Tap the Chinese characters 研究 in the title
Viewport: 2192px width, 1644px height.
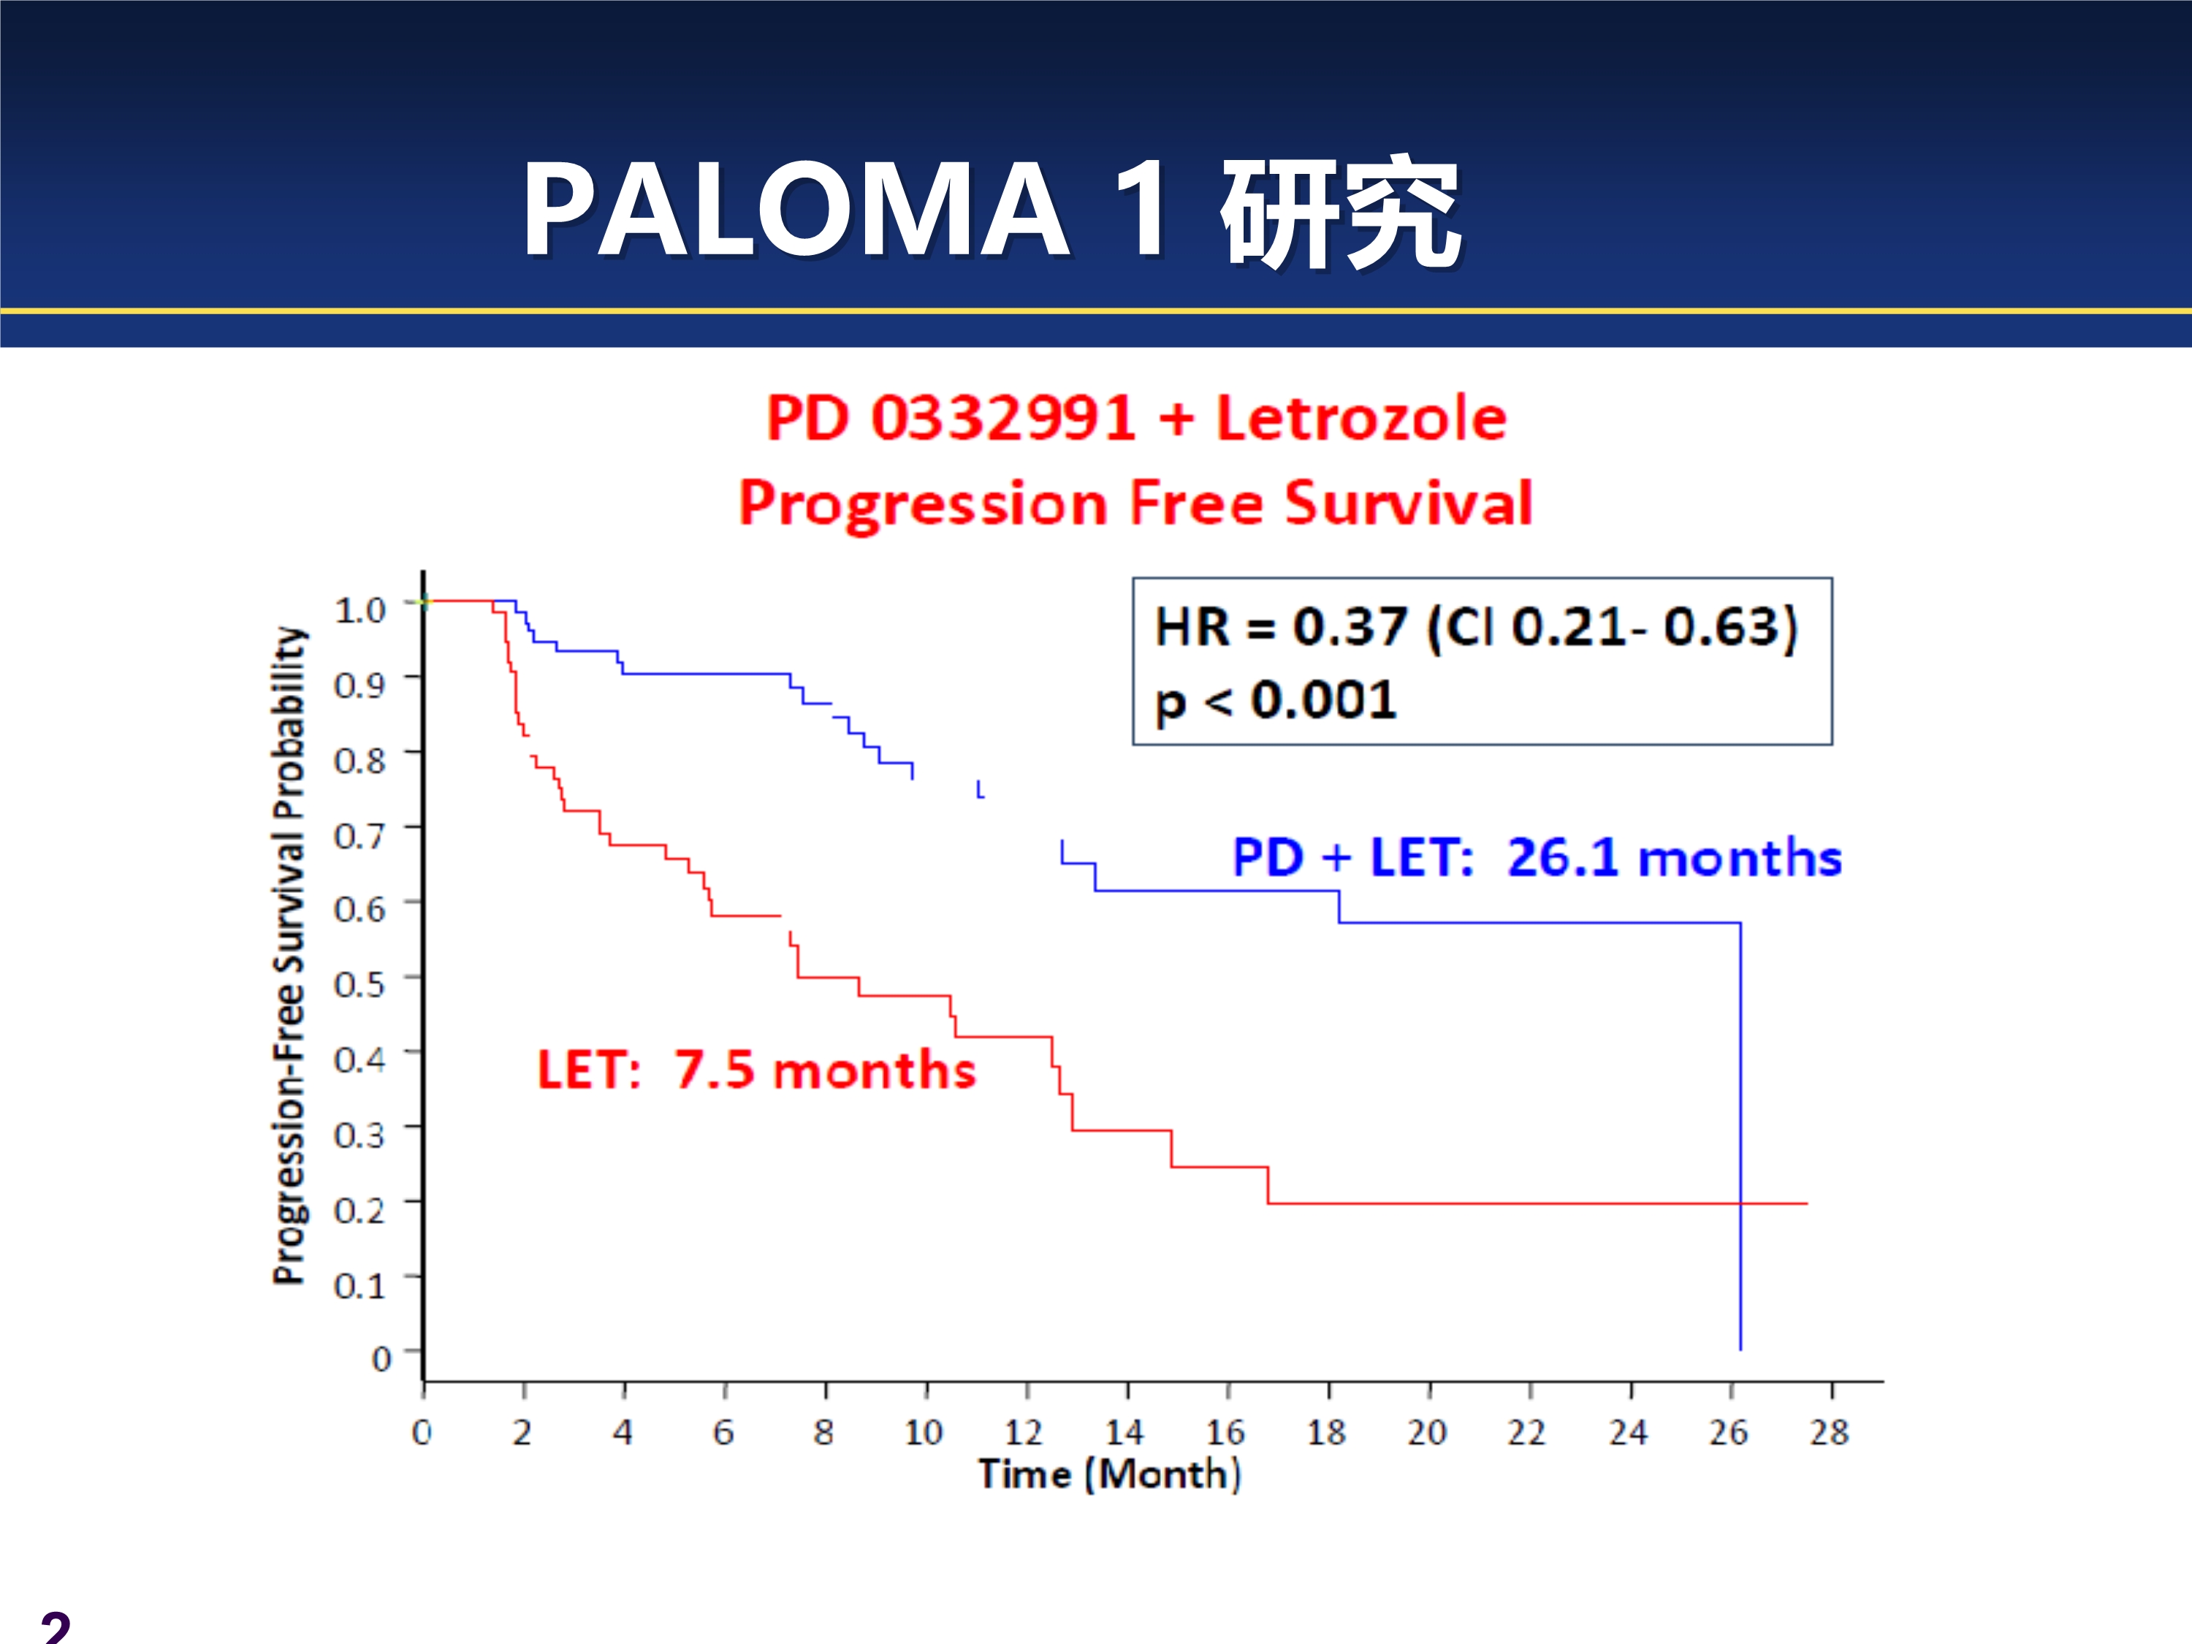coord(1340,212)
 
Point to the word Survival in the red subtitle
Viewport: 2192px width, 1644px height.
coord(1408,503)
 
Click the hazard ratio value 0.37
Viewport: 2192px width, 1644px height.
coord(1350,626)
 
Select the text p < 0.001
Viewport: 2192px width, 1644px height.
coord(1275,701)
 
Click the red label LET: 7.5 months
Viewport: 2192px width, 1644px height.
coord(756,1070)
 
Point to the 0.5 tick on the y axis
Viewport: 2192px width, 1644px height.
coord(359,984)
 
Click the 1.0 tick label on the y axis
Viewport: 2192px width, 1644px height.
coord(359,609)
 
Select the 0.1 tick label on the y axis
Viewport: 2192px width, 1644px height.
coord(359,1285)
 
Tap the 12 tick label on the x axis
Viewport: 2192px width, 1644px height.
coord(1024,1432)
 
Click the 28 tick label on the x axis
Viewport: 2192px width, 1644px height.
coord(1830,1432)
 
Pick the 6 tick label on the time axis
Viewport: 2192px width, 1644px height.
coord(723,1432)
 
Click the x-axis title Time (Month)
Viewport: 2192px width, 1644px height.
coord(1109,1474)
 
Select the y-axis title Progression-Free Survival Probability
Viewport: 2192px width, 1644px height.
coord(289,956)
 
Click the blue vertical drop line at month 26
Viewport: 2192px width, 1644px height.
coord(1740,1140)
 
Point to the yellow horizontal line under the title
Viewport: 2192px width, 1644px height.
coord(1096,311)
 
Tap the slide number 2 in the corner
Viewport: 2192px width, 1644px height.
coord(56,1627)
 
